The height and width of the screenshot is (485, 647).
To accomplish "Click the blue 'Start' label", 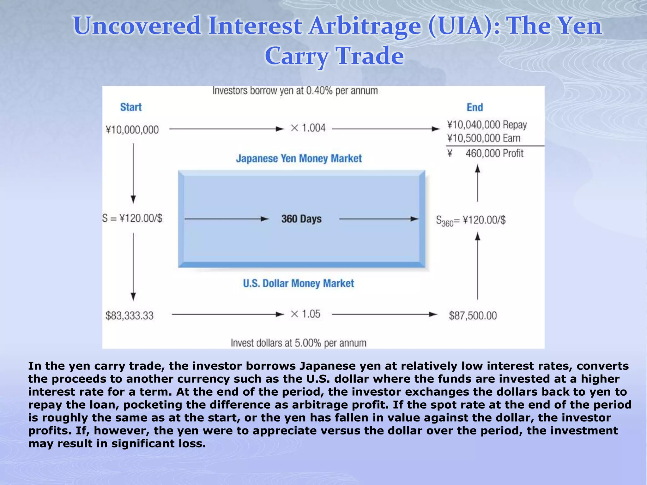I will pos(131,107).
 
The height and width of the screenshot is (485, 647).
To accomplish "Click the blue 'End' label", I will pos(475,107).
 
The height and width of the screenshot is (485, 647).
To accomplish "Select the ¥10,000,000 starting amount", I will pos(132,130).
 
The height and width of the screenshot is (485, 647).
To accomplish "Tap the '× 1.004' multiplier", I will pos(308,128).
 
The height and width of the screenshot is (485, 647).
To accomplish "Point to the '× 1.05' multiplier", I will pos(305,314).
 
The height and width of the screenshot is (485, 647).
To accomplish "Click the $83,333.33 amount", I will pos(130,315).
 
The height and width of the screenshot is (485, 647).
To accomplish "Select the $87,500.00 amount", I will pos(473,315).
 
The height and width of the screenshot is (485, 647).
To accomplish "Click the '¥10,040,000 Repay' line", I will pos(487,125).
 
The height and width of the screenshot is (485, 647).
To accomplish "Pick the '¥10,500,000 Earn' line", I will pos(484,138).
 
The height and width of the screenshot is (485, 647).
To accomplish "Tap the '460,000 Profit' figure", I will pos(494,153).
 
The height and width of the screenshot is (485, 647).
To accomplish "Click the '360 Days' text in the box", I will pos(301,219).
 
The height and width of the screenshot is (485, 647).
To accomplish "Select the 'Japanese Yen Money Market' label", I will pos(299,158).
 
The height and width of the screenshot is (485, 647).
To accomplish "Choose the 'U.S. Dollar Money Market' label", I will pos(299,283).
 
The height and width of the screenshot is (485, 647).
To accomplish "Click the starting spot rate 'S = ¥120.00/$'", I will pos(132,218).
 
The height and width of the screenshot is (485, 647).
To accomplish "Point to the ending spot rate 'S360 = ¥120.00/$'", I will pos(471,220).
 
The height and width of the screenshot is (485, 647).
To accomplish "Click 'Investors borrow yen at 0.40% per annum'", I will pos(295,91).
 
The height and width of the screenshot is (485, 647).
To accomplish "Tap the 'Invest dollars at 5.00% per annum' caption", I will pos(299,343).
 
